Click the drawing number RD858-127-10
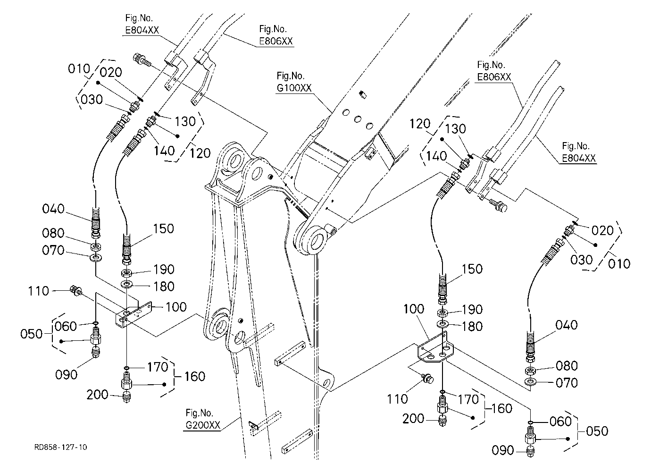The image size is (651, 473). point(60,447)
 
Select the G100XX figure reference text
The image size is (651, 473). point(294,87)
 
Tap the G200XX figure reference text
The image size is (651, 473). point(203,425)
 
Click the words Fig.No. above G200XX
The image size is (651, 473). point(199,413)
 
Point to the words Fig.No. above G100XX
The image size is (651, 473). point(290,76)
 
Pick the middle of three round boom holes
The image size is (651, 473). point(358,119)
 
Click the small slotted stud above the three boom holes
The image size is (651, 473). point(363,94)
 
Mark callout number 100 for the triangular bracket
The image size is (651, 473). point(414,309)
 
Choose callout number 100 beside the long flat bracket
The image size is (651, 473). point(176,307)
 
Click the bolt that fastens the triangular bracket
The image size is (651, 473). point(427,378)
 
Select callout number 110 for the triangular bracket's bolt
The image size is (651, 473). point(397,399)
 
